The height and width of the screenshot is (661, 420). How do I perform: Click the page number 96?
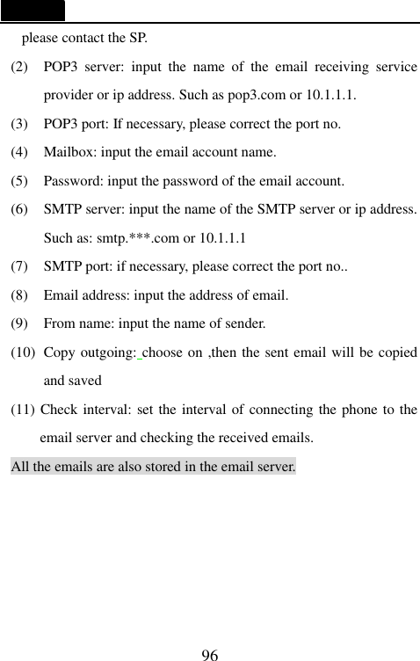coord(210,653)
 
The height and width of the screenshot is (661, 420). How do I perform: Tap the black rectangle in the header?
coord(33,11)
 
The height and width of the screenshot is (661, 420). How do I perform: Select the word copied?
coord(397,352)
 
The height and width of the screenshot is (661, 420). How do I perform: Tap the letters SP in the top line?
coord(137,38)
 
